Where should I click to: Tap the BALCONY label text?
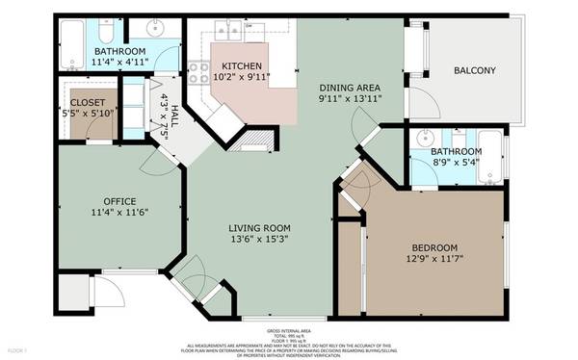coord(475,70)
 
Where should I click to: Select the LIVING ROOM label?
coord(258,228)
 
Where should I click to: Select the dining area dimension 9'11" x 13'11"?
coord(352,98)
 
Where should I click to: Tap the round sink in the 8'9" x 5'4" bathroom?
coord(425,139)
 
